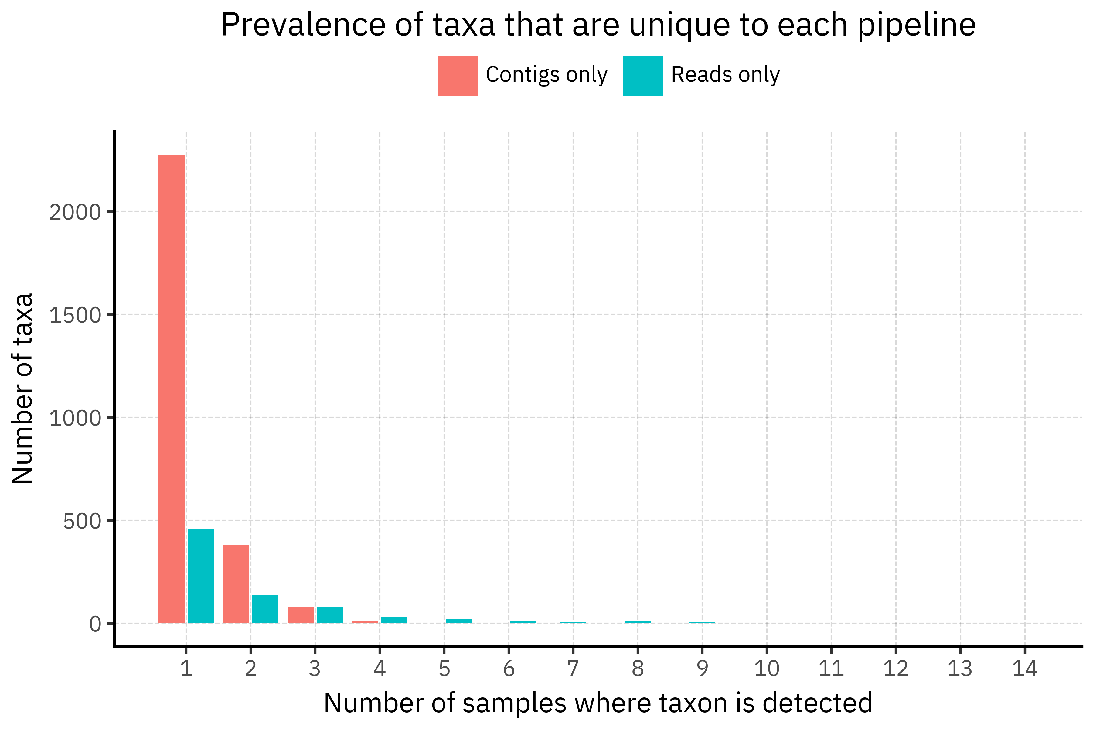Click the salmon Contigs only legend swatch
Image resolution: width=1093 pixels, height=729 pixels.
458,76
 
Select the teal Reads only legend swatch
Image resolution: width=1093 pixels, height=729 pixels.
643,76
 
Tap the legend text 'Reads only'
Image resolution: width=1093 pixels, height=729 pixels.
725,75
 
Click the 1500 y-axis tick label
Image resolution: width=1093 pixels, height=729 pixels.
75,315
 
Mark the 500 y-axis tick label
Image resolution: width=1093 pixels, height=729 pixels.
82,521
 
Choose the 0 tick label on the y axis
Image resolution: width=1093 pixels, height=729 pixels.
95,625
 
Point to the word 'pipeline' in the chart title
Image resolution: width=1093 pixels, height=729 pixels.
916,25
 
